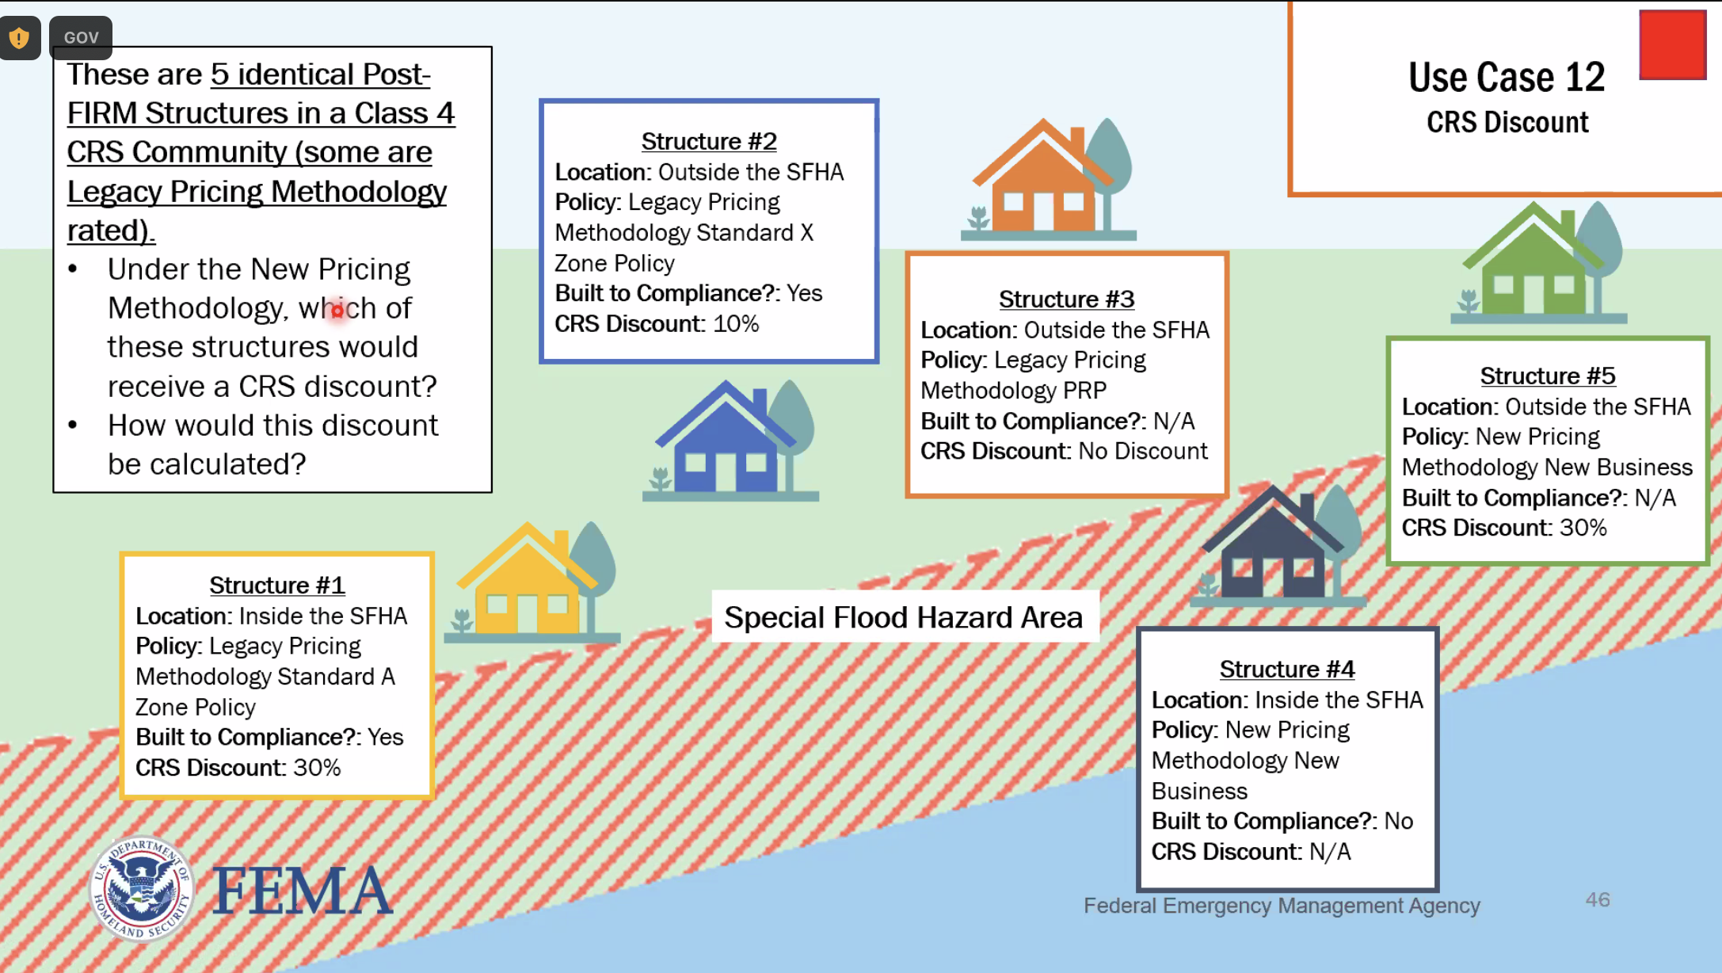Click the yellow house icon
(527, 586)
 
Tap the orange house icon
(1042, 182)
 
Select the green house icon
(1533, 265)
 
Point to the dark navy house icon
(1272, 551)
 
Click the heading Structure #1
(276, 586)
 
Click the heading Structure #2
(709, 141)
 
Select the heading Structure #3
(1066, 300)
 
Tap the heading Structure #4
(1286, 670)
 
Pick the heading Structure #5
(1547, 376)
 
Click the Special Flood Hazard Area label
(903, 617)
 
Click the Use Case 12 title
(1506, 78)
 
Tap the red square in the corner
(1672, 45)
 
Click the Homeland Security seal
(142, 889)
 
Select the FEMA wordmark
(303, 891)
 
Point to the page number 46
(1597, 900)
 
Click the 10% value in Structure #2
(736, 324)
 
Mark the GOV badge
(81, 37)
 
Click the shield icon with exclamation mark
(20, 37)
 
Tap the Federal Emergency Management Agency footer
(1281, 906)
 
